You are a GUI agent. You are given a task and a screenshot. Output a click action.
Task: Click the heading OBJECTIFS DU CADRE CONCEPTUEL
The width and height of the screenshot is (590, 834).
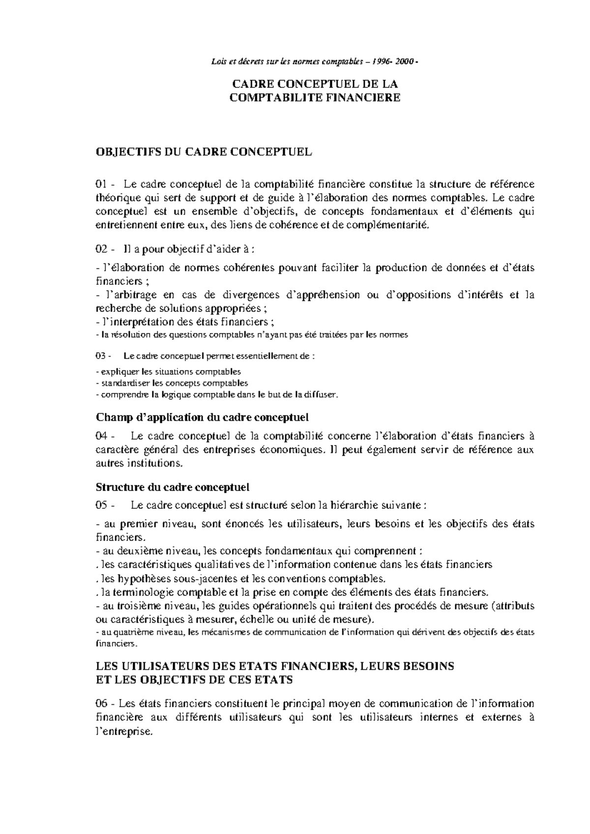tap(204, 152)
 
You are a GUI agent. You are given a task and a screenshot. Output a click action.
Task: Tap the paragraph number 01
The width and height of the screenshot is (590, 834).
tap(101, 185)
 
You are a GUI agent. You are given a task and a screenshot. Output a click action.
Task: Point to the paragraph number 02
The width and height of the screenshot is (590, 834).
tap(101, 250)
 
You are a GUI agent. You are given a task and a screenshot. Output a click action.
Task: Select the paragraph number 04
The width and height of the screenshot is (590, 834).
tap(101, 436)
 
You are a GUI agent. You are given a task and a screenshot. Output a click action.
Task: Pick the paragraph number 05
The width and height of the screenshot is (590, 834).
tap(101, 505)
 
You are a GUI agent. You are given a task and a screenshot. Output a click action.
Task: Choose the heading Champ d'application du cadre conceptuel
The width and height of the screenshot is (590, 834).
tap(202, 417)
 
